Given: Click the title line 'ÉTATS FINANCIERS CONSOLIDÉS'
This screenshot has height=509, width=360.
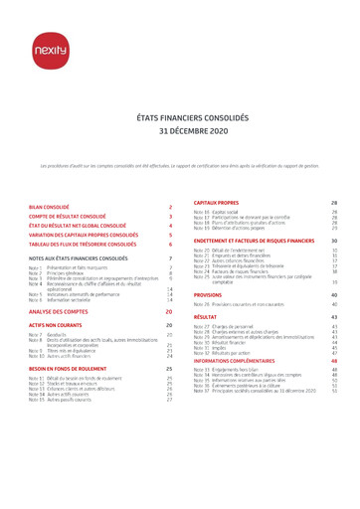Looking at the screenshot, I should (x=179, y=117).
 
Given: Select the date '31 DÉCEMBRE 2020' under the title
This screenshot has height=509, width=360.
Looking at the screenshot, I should (x=179, y=130).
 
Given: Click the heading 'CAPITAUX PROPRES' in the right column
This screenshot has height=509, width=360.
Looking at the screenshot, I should (x=216, y=201).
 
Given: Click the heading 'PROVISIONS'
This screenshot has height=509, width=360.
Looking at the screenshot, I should (x=208, y=295).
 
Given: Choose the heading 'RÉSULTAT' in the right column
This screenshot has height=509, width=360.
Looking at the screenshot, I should (x=206, y=317).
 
